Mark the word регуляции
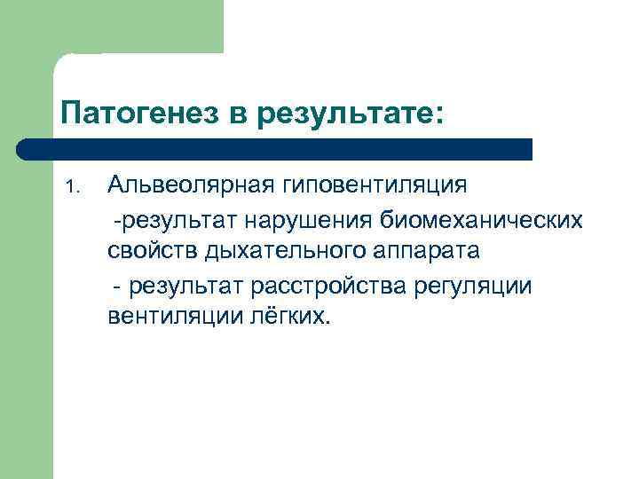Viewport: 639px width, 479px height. (x=480, y=285)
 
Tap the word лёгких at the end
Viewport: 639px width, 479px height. (x=288, y=317)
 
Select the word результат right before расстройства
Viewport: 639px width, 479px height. (x=190, y=285)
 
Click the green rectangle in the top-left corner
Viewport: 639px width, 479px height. (x=111, y=27)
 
